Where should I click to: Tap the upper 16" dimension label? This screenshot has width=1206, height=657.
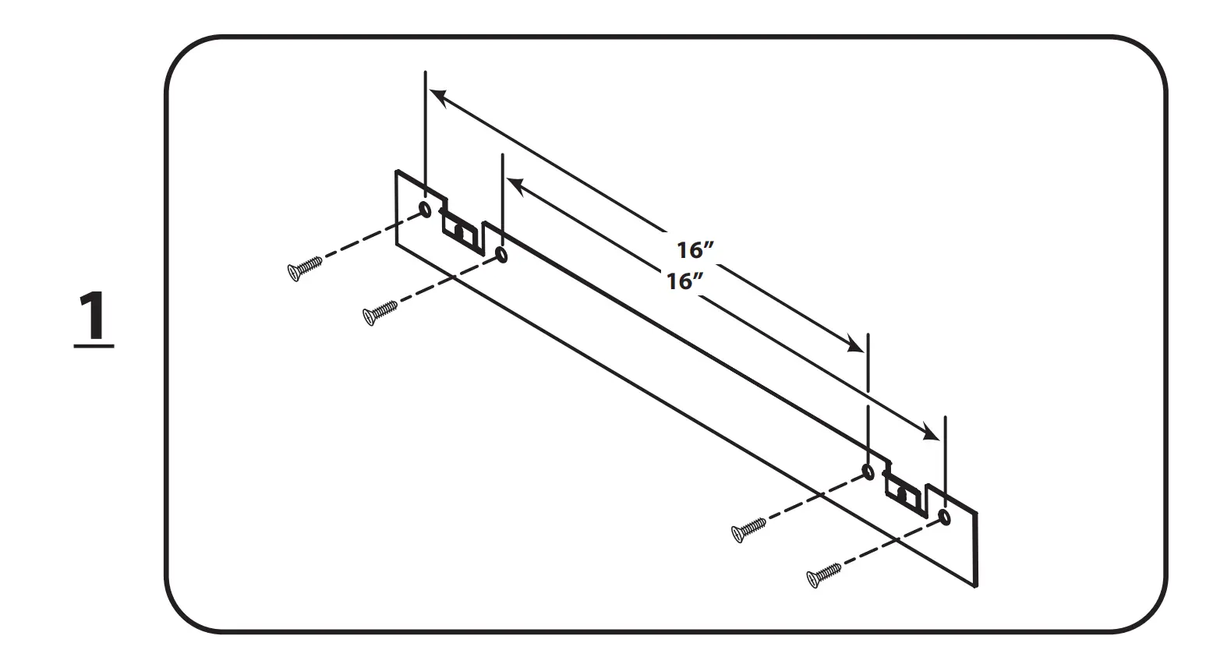click(695, 250)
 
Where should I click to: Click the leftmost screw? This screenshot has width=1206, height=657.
click(305, 267)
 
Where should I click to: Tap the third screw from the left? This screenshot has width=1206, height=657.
click(748, 529)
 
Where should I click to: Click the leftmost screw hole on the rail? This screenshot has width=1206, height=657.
click(425, 209)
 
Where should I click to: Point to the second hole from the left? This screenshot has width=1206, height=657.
click(501, 254)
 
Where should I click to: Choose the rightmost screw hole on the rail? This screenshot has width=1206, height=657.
click(945, 517)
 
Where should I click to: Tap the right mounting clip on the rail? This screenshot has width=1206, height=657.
click(905, 493)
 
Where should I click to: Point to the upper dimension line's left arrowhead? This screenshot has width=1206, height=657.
click(437, 96)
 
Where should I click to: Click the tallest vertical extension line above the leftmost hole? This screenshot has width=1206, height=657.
click(425, 132)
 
